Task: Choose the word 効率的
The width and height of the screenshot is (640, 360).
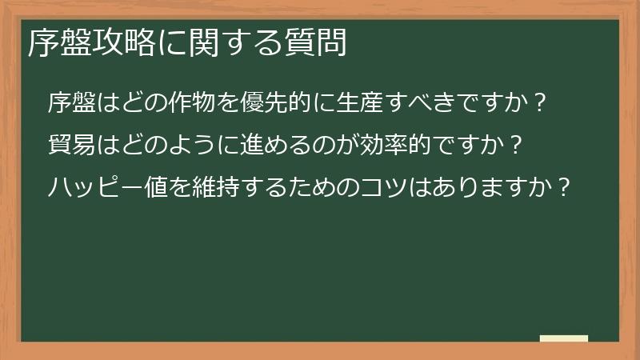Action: tap(394, 146)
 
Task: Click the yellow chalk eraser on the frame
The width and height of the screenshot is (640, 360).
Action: tap(563, 339)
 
